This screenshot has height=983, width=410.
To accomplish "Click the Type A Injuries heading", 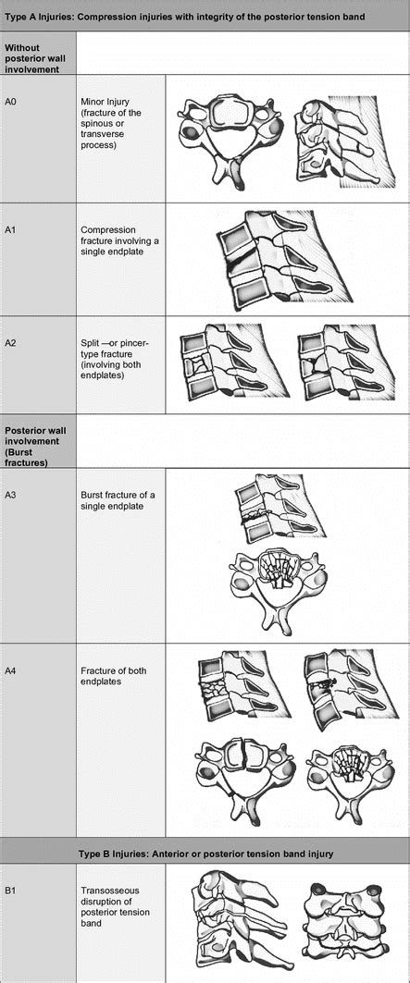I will (185, 18).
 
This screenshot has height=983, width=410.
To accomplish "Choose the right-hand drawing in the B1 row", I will (348, 925).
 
